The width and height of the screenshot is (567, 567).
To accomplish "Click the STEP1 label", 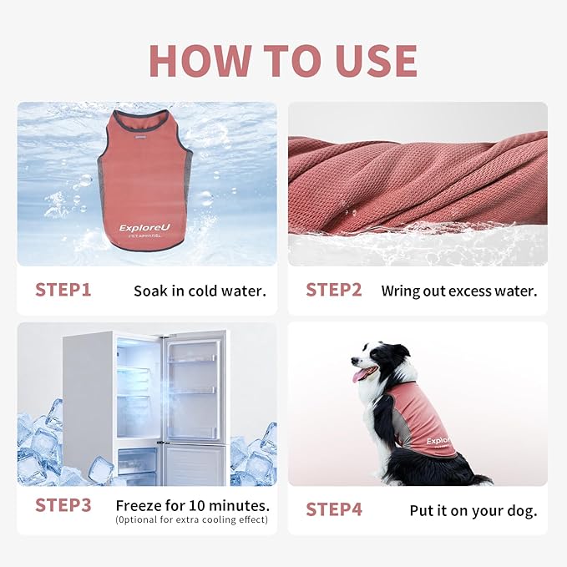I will [63, 291].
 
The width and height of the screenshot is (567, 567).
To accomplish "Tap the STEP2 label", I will [333, 291].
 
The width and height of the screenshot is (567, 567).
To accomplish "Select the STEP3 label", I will [63, 505].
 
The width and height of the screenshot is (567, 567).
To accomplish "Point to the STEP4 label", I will [333, 509].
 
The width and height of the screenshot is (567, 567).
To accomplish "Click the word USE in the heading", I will [369, 61].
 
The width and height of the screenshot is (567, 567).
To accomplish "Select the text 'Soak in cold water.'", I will [200, 291].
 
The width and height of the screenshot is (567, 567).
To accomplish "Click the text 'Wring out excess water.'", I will [458, 291].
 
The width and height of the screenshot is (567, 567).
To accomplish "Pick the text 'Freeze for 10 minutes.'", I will [192, 505].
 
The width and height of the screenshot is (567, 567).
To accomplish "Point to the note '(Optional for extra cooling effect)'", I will [192, 520].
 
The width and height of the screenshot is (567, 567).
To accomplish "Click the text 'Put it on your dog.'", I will [473, 510].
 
